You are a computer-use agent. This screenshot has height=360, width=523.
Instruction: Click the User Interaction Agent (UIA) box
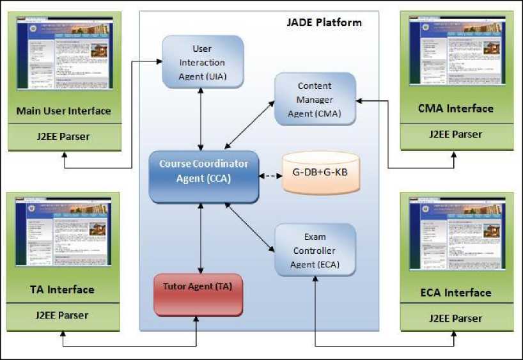(203, 62)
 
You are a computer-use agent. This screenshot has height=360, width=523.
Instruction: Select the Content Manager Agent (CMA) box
(315, 100)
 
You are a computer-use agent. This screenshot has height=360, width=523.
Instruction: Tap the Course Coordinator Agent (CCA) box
(203, 171)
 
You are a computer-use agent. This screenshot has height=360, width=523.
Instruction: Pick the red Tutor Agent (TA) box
(198, 294)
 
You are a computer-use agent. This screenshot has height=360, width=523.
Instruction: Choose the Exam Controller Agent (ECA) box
(315, 250)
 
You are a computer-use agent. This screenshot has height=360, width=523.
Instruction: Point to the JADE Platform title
(324, 23)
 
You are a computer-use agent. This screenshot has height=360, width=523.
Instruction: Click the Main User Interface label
(63, 111)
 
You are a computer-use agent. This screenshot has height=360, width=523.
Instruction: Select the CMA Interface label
(455, 108)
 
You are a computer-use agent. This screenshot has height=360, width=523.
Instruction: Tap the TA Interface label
(63, 290)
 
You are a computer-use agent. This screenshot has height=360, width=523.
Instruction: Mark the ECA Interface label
(455, 292)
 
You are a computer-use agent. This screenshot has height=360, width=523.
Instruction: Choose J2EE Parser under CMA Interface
(455, 134)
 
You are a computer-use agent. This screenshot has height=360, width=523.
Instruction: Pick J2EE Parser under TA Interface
(63, 315)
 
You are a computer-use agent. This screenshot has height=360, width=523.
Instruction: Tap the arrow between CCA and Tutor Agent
(202, 237)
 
